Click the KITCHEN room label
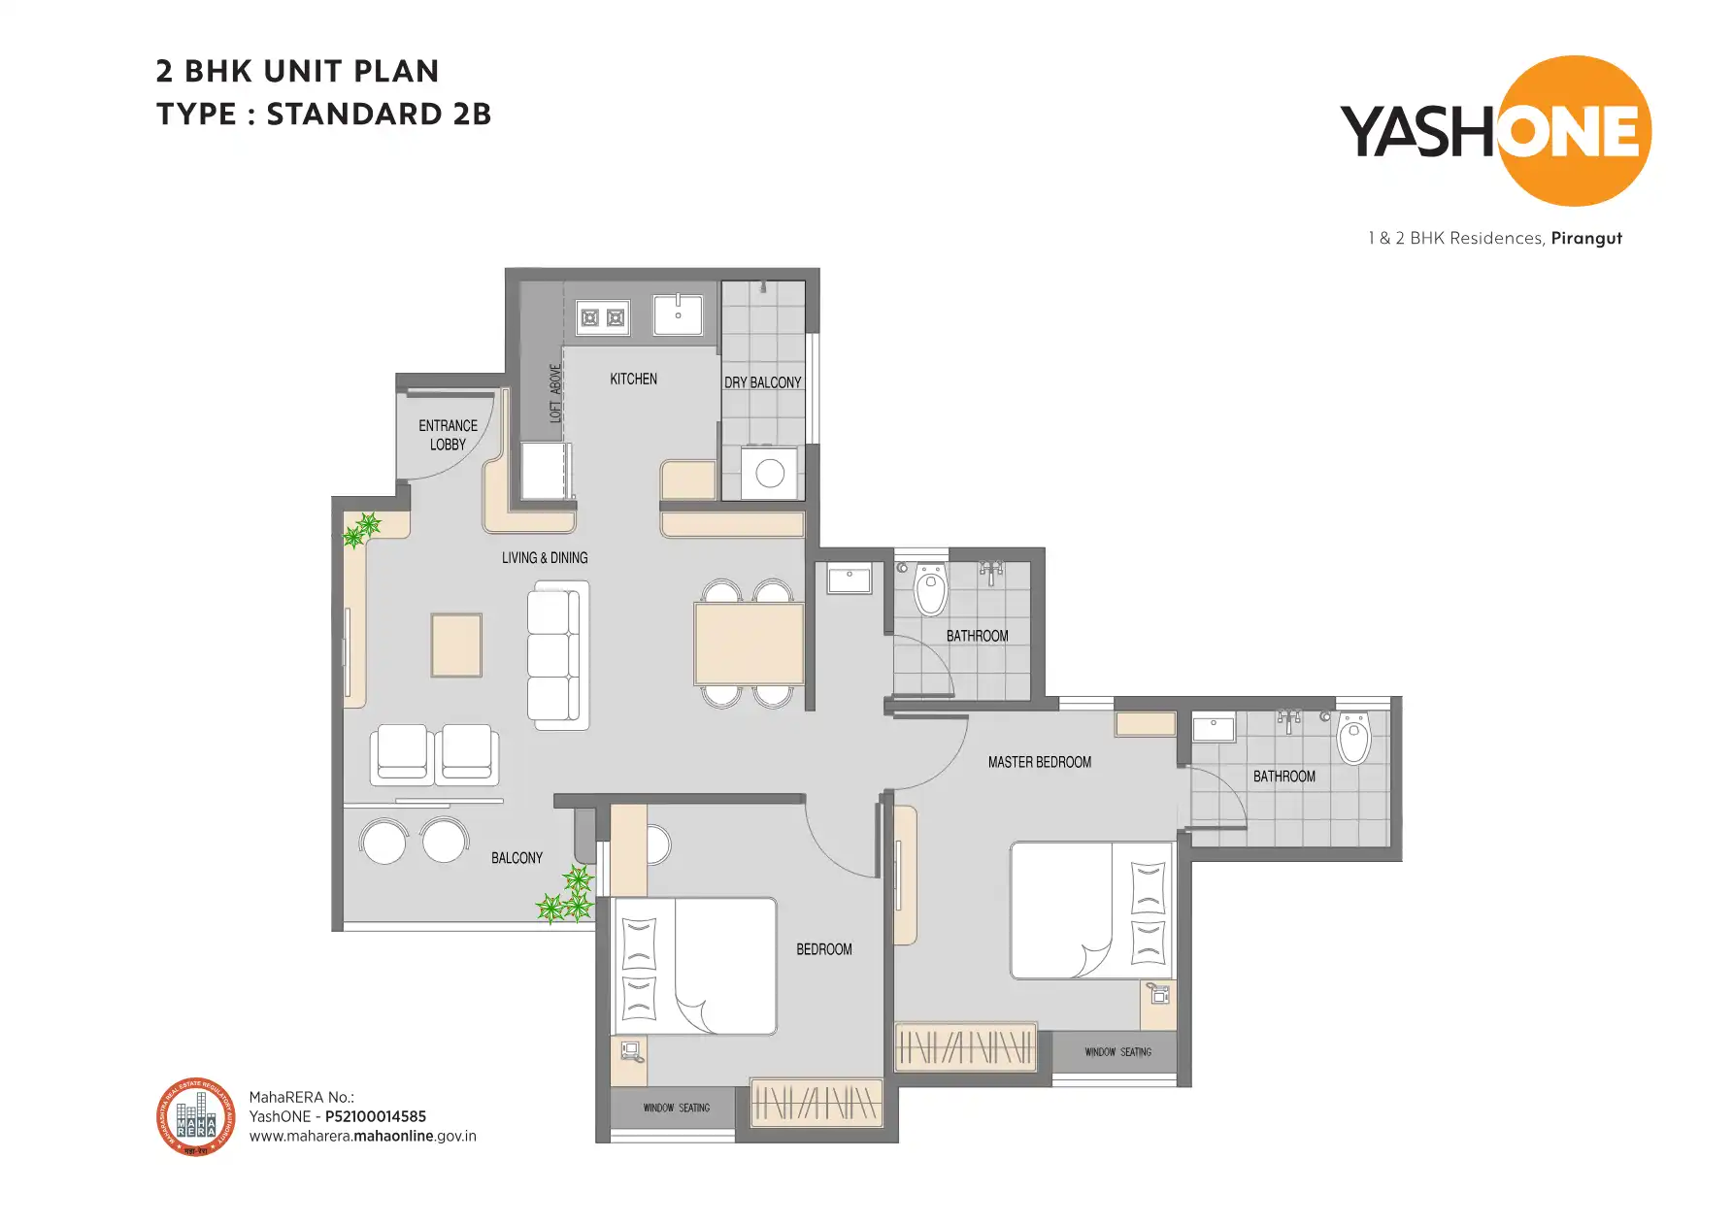(x=633, y=379)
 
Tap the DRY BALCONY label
(x=762, y=382)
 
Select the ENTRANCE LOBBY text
(x=448, y=435)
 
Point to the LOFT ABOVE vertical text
(x=555, y=393)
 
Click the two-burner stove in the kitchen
(x=602, y=317)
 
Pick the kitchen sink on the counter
(x=678, y=315)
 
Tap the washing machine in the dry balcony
(x=769, y=473)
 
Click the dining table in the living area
(x=749, y=643)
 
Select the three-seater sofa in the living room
(x=557, y=655)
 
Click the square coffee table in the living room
(x=456, y=645)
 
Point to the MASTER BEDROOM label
(x=1039, y=762)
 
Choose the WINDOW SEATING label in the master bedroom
(x=1117, y=1052)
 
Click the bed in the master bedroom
(x=1091, y=910)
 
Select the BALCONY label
(x=517, y=858)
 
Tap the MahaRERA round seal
(x=196, y=1117)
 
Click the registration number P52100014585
(x=375, y=1116)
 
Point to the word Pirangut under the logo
(x=1585, y=238)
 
